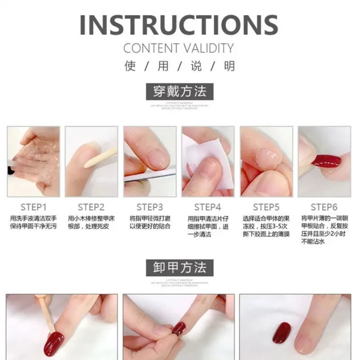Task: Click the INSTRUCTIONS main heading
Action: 179,25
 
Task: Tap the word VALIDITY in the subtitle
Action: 210,49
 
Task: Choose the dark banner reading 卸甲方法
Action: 179,268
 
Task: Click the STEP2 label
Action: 91,207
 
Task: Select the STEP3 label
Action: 150,207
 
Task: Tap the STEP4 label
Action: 208,207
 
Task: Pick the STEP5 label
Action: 266,207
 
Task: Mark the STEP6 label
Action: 324,207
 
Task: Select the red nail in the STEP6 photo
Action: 326,161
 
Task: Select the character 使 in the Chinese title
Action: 130,66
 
